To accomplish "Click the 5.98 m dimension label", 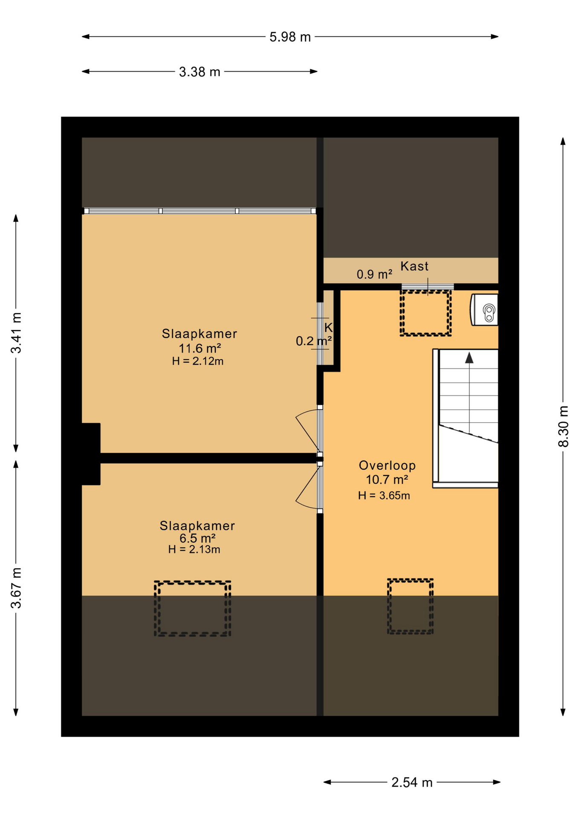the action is coord(290,37).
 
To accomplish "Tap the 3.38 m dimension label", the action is coord(200,72).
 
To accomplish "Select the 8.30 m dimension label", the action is coord(563,426).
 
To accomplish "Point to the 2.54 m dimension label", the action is coord(412,782).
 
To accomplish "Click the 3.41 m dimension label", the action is coord(16,333).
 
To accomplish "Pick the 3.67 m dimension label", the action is coord(16,588).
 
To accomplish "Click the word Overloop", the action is coord(387,465).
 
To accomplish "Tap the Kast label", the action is coord(414,266).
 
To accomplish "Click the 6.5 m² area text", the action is coord(197,538).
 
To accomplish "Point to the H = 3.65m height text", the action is coord(384,495).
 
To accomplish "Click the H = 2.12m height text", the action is coord(198,361).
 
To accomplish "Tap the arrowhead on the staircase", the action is coord(469,357).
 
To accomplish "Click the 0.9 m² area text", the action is coord(374,274).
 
